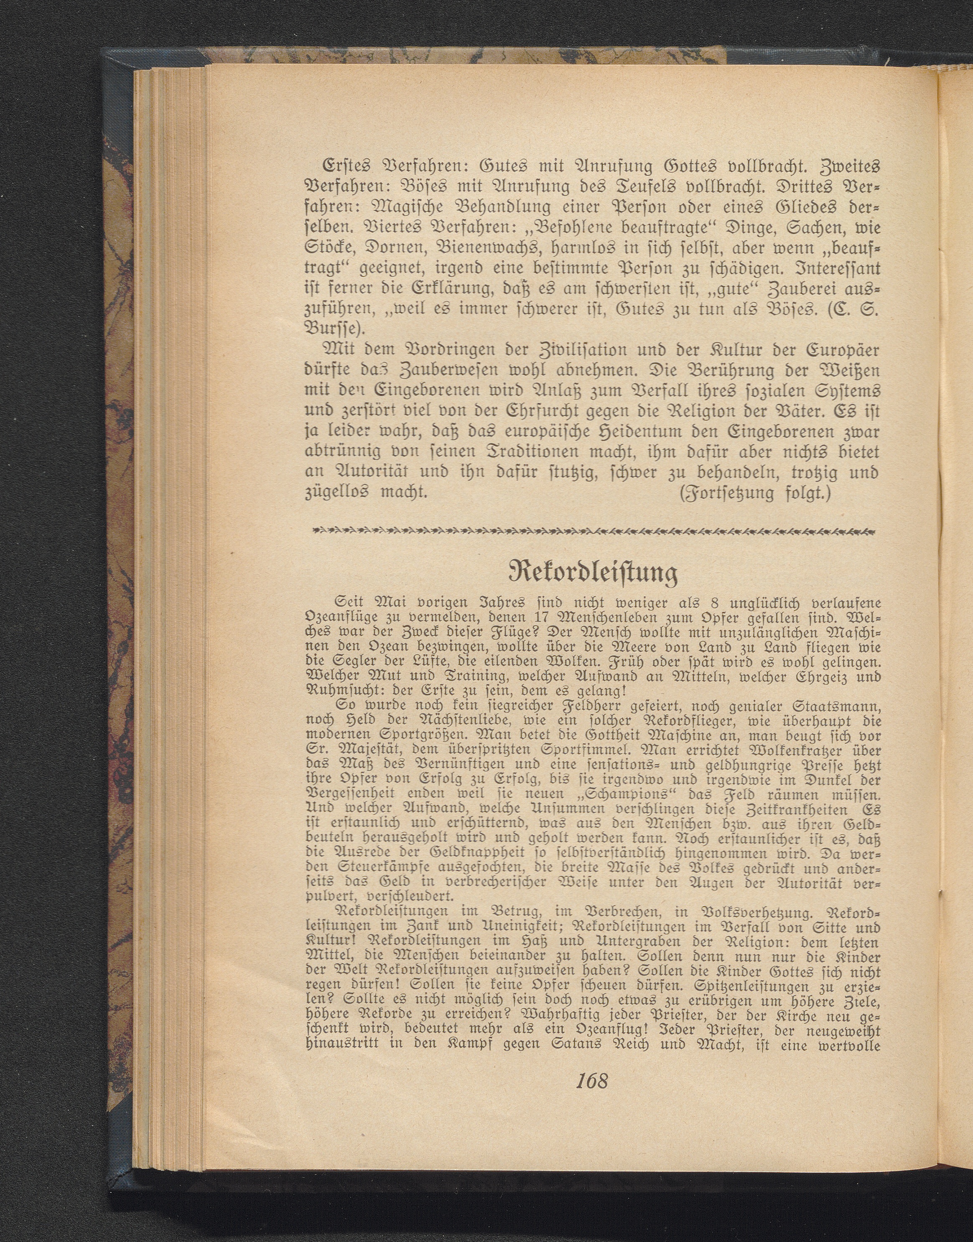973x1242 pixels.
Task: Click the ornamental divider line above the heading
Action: [593, 531]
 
